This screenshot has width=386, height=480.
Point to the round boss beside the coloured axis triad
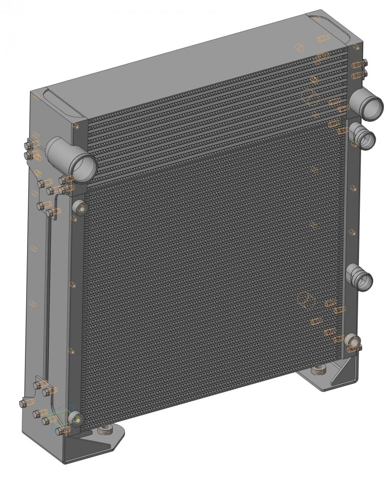pos(75,418)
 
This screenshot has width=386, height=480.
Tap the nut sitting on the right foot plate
pos(318,370)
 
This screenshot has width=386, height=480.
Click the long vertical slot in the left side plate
pos(48,301)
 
